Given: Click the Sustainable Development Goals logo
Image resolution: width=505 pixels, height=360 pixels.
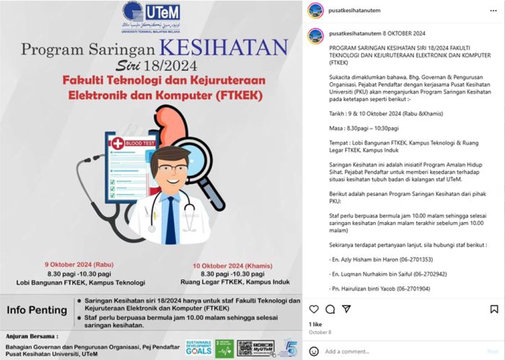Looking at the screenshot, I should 199,347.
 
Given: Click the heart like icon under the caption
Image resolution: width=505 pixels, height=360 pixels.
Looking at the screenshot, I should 315,309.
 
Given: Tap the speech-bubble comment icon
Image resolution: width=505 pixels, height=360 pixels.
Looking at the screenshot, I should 330,309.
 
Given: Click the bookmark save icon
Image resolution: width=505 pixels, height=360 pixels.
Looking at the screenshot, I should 493,309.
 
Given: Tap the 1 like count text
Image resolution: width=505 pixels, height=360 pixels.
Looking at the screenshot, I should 316,325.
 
